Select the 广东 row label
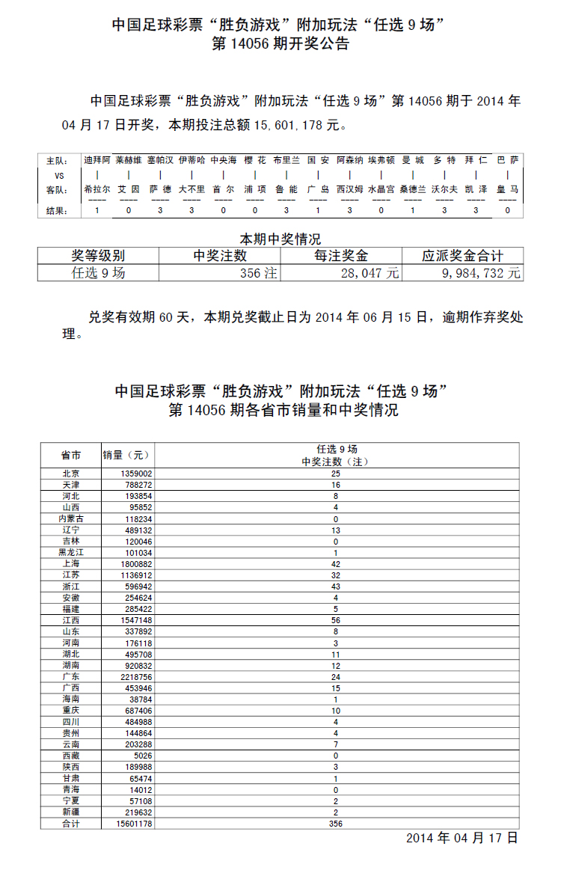coord(71,676)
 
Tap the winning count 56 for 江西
coord(336,620)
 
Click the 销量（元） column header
coord(126,455)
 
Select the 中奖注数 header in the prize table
coord(220,256)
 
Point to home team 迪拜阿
coord(96,160)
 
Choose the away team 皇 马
coord(508,190)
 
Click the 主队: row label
coord(57,161)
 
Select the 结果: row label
coord(57,211)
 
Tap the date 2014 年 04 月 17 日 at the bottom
coord(462,838)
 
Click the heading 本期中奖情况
coord(280,239)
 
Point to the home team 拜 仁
coord(476,160)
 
